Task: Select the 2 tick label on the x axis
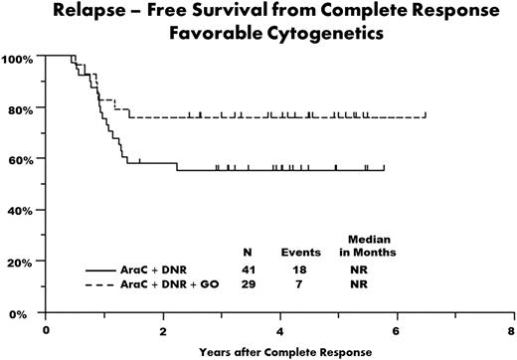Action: [x=162, y=328]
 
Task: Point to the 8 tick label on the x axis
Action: [x=512, y=328]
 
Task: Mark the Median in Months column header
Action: [x=367, y=246]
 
